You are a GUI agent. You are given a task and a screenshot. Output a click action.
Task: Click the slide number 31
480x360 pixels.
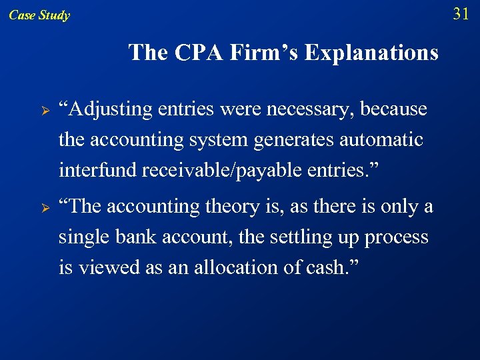tap(461, 13)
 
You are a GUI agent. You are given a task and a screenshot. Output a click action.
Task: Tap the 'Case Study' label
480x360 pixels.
tap(39, 15)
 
